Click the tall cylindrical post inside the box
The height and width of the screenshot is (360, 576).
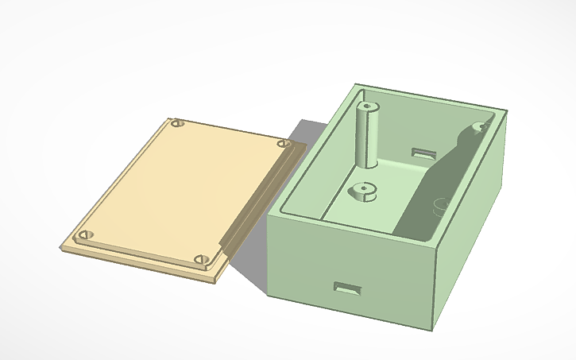pyautogui.click(x=368, y=135)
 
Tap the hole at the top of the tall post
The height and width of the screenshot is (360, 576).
pyautogui.click(x=368, y=104)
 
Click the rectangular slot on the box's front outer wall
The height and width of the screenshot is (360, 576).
pyautogui.click(x=347, y=288)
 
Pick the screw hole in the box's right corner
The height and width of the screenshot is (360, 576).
pyautogui.click(x=481, y=126)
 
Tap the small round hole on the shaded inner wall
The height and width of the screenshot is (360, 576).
pyautogui.click(x=439, y=205)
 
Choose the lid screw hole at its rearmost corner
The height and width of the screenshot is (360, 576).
pyautogui.click(x=177, y=124)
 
